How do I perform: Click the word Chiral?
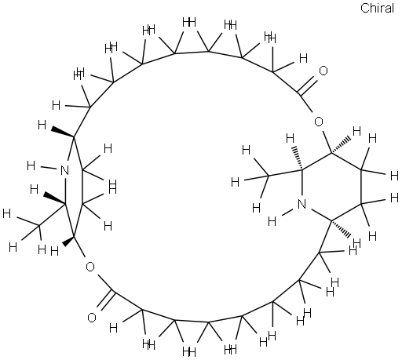coord(377,8)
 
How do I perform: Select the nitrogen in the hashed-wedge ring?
coord(301,204)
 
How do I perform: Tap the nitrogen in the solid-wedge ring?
coord(64,170)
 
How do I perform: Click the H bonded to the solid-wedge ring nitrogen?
coord(31,165)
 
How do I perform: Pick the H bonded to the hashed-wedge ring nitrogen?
coord(272,221)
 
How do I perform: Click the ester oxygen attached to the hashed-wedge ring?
coord(319,122)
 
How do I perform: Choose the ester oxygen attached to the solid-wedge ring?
coord(90,267)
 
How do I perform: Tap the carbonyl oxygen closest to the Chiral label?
coord(323,71)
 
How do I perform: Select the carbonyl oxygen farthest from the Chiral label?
coord(92,318)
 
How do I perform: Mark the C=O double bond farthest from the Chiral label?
coord(105,300)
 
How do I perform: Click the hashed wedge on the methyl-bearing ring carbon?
coord(298,158)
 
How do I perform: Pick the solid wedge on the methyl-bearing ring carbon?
coord(54,198)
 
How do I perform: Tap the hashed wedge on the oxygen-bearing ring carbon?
coord(341,144)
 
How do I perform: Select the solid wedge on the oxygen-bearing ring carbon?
coord(68,241)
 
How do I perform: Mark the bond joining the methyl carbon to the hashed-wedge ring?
coord(285,173)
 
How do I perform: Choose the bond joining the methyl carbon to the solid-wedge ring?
coord(52,214)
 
